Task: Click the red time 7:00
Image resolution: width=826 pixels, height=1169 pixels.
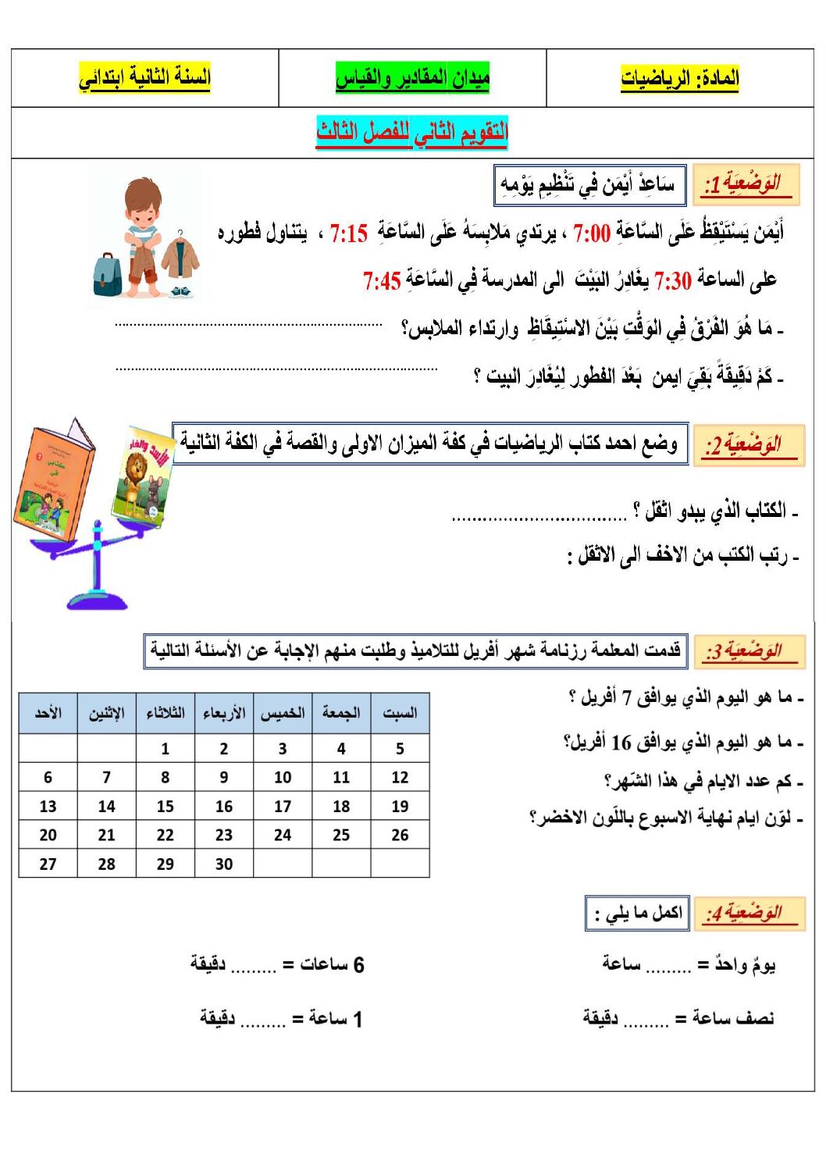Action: (591, 233)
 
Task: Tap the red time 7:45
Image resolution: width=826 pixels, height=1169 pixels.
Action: (382, 280)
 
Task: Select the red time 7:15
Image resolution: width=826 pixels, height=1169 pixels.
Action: (348, 233)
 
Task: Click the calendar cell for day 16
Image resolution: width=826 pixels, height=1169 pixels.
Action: (224, 806)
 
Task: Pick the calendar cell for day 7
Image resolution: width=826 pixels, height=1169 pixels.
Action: (106, 777)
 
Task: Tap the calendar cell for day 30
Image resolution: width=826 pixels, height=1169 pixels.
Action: (224, 864)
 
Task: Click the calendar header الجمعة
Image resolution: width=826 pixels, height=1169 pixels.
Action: (341, 712)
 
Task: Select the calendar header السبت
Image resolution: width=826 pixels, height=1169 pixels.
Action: (400, 712)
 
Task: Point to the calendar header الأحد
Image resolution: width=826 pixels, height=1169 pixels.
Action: (48, 712)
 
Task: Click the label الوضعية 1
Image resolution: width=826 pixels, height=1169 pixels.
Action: (745, 184)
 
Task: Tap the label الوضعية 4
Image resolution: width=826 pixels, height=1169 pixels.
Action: (745, 912)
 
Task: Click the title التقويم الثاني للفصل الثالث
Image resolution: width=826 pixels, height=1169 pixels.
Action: (412, 132)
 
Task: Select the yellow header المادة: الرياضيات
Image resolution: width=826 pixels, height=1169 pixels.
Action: (680, 78)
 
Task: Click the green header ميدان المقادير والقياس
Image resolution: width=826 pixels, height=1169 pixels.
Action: (412, 78)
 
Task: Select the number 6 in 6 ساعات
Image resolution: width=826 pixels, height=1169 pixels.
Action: (358, 965)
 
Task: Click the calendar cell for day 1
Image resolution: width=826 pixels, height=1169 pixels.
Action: (165, 748)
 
